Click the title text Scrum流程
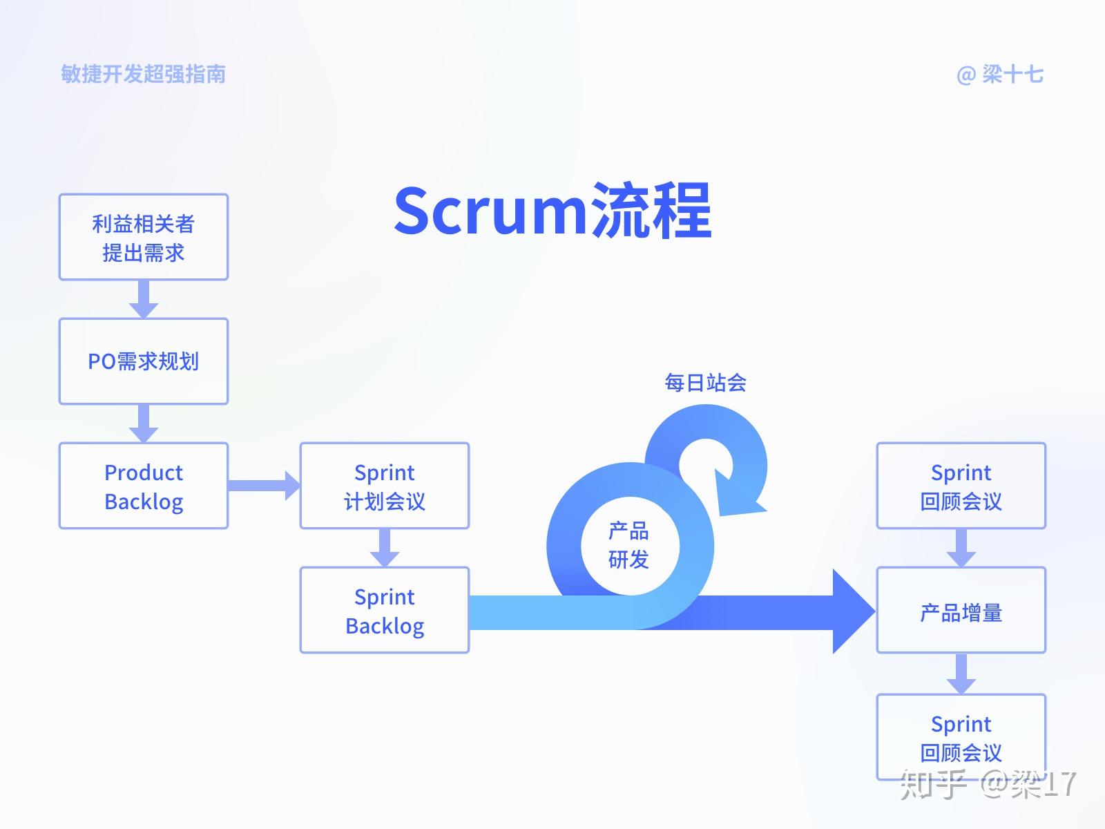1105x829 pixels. [552, 211]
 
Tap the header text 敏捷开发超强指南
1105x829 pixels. [144, 74]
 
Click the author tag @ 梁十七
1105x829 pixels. [999, 74]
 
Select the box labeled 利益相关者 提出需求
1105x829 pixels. [144, 237]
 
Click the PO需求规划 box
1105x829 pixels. [144, 361]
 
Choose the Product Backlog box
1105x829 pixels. [144, 486]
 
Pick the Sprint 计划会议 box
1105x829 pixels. [385, 486]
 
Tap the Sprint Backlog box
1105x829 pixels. [385, 610]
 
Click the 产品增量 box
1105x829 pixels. [961, 611]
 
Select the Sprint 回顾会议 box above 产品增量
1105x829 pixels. [961, 486]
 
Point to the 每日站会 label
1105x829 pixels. [705, 382]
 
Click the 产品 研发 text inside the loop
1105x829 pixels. [628, 545]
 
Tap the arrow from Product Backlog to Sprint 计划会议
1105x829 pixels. [262, 486]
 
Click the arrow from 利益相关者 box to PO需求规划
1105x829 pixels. [144, 298]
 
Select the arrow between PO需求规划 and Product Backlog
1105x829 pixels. [144, 423]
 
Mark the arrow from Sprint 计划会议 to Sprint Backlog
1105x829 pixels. [385, 548]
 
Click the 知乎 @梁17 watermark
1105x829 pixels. [988, 784]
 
